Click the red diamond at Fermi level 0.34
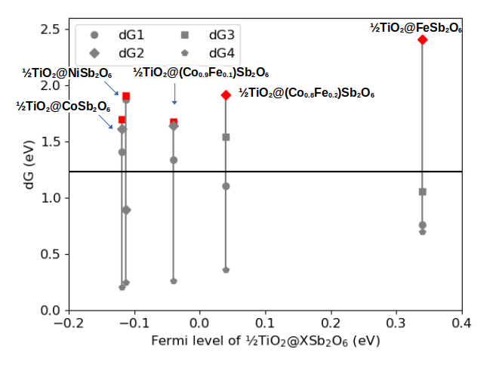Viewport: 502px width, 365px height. (423, 40)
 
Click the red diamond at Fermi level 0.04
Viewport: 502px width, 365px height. (226, 95)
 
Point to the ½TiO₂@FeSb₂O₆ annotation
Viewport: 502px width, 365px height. (416, 27)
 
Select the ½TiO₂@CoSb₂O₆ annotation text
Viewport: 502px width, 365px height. (63, 106)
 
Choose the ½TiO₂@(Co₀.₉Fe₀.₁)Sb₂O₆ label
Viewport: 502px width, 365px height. (201, 73)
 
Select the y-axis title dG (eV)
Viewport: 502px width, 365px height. (30, 169)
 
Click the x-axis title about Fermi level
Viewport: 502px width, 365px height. (265, 341)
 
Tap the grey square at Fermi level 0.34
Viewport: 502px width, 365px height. (423, 192)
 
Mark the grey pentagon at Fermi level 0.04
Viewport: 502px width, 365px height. (226, 270)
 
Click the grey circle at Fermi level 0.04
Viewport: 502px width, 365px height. (226, 186)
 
